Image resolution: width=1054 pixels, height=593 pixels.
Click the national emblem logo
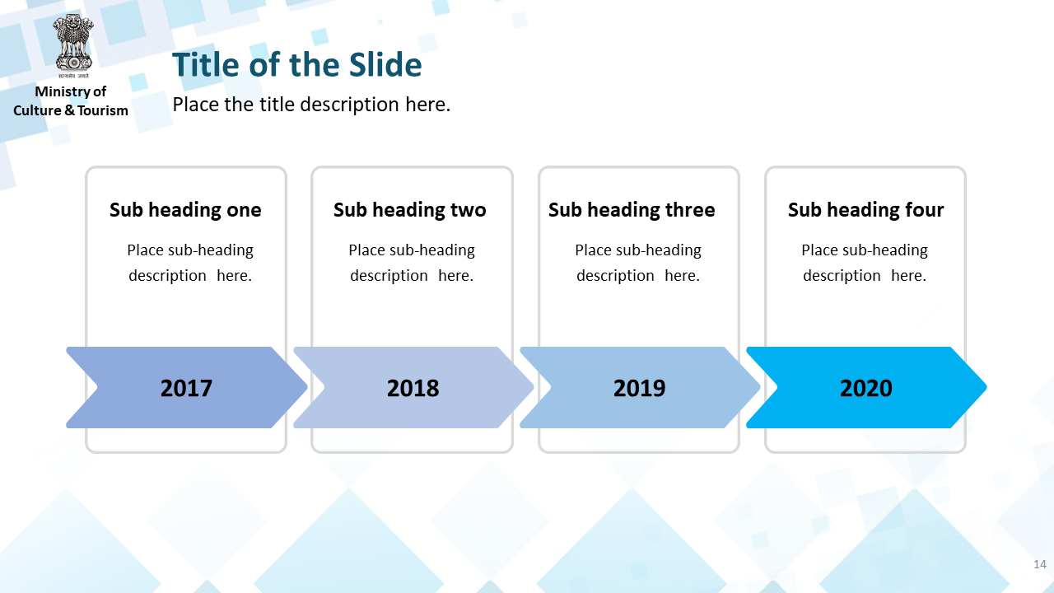tap(73, 45)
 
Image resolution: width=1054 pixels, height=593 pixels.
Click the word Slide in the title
tap(385, 64)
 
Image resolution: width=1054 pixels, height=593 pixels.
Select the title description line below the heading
tap(311, 105)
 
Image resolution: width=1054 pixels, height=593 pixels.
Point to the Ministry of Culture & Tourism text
tap(71, 100)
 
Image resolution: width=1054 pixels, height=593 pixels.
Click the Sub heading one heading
tap(185, 210)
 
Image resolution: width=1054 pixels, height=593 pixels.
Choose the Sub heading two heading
tap(410, 210)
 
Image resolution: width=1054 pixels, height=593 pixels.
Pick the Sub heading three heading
tap(632, 210)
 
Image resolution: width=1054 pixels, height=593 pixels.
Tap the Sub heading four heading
tap(865, 210)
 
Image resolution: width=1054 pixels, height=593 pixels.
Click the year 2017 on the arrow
tap(186, 388)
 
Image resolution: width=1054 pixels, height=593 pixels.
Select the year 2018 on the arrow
tap(413, 388)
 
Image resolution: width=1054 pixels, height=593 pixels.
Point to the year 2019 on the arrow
tap(640, 388)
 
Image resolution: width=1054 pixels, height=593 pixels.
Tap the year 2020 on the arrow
tap(866, 388)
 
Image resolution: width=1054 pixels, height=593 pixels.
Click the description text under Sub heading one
tap(190, 263)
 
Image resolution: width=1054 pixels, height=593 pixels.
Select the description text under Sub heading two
tap(412, 263)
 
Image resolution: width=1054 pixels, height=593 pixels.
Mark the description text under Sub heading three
tap(638, 263)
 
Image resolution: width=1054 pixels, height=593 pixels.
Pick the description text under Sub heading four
tap(865, 263)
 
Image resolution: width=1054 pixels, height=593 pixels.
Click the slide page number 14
tap(1040, 564)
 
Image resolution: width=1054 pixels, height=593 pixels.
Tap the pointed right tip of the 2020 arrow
tap(986, 387)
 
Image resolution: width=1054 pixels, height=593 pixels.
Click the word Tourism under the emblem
tap(103, 110)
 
